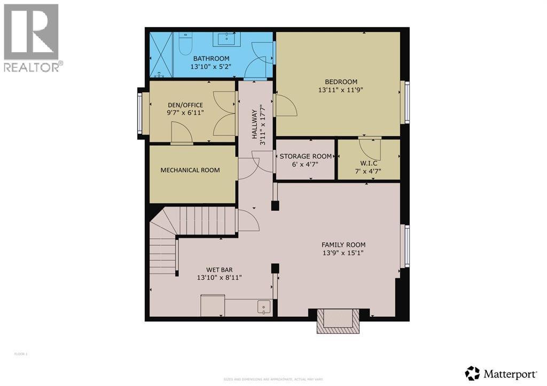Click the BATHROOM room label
211,59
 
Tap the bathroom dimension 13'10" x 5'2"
211,67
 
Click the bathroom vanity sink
228,38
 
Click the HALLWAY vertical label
255,122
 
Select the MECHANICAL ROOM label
190,170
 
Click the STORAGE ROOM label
305,156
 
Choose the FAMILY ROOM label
343,245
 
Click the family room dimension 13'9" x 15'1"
343,254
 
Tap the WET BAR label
219,269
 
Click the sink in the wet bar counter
264,307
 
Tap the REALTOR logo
32,37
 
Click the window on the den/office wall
140,113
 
